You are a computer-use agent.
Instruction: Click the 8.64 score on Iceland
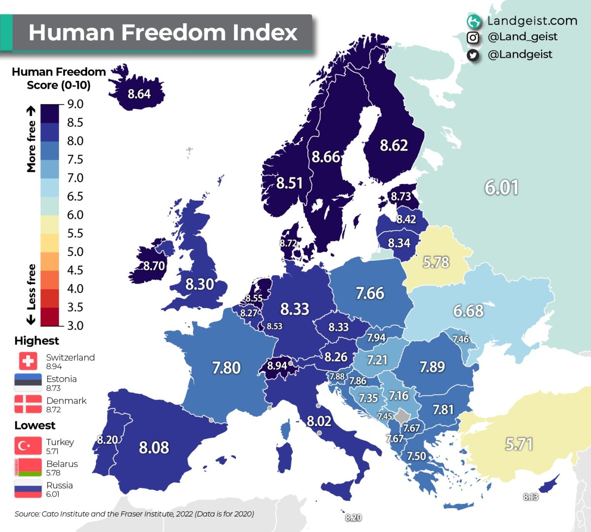coord(139,94)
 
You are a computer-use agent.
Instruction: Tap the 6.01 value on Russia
coord(501,187)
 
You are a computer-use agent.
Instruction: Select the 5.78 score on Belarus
coord(436,262)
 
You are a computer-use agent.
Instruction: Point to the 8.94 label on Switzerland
coord(277,366)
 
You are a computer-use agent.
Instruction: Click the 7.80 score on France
coord(226,368)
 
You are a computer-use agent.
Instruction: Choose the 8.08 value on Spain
coord(154,447)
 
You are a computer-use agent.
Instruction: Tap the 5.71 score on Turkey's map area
coord(519,444)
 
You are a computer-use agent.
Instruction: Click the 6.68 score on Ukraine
coord(468,311)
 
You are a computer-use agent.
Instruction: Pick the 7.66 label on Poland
coord(369,293)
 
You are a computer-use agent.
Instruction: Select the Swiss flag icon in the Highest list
coord(28,361)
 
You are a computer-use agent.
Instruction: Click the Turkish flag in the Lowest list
coord(28,446)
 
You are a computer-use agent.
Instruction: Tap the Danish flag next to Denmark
coord(28,404)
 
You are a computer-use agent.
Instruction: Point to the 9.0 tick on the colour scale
coord(75,104)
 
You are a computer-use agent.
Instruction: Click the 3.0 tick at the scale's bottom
coord(75,325)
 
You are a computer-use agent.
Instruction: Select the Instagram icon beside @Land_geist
coord(473,37)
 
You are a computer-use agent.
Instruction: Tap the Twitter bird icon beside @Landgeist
coord(473,55)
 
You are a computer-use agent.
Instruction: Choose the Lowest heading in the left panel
coord(34,426)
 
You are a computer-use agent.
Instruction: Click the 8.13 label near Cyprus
coord(530,497)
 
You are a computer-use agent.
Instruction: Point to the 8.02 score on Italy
coord(319,421)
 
